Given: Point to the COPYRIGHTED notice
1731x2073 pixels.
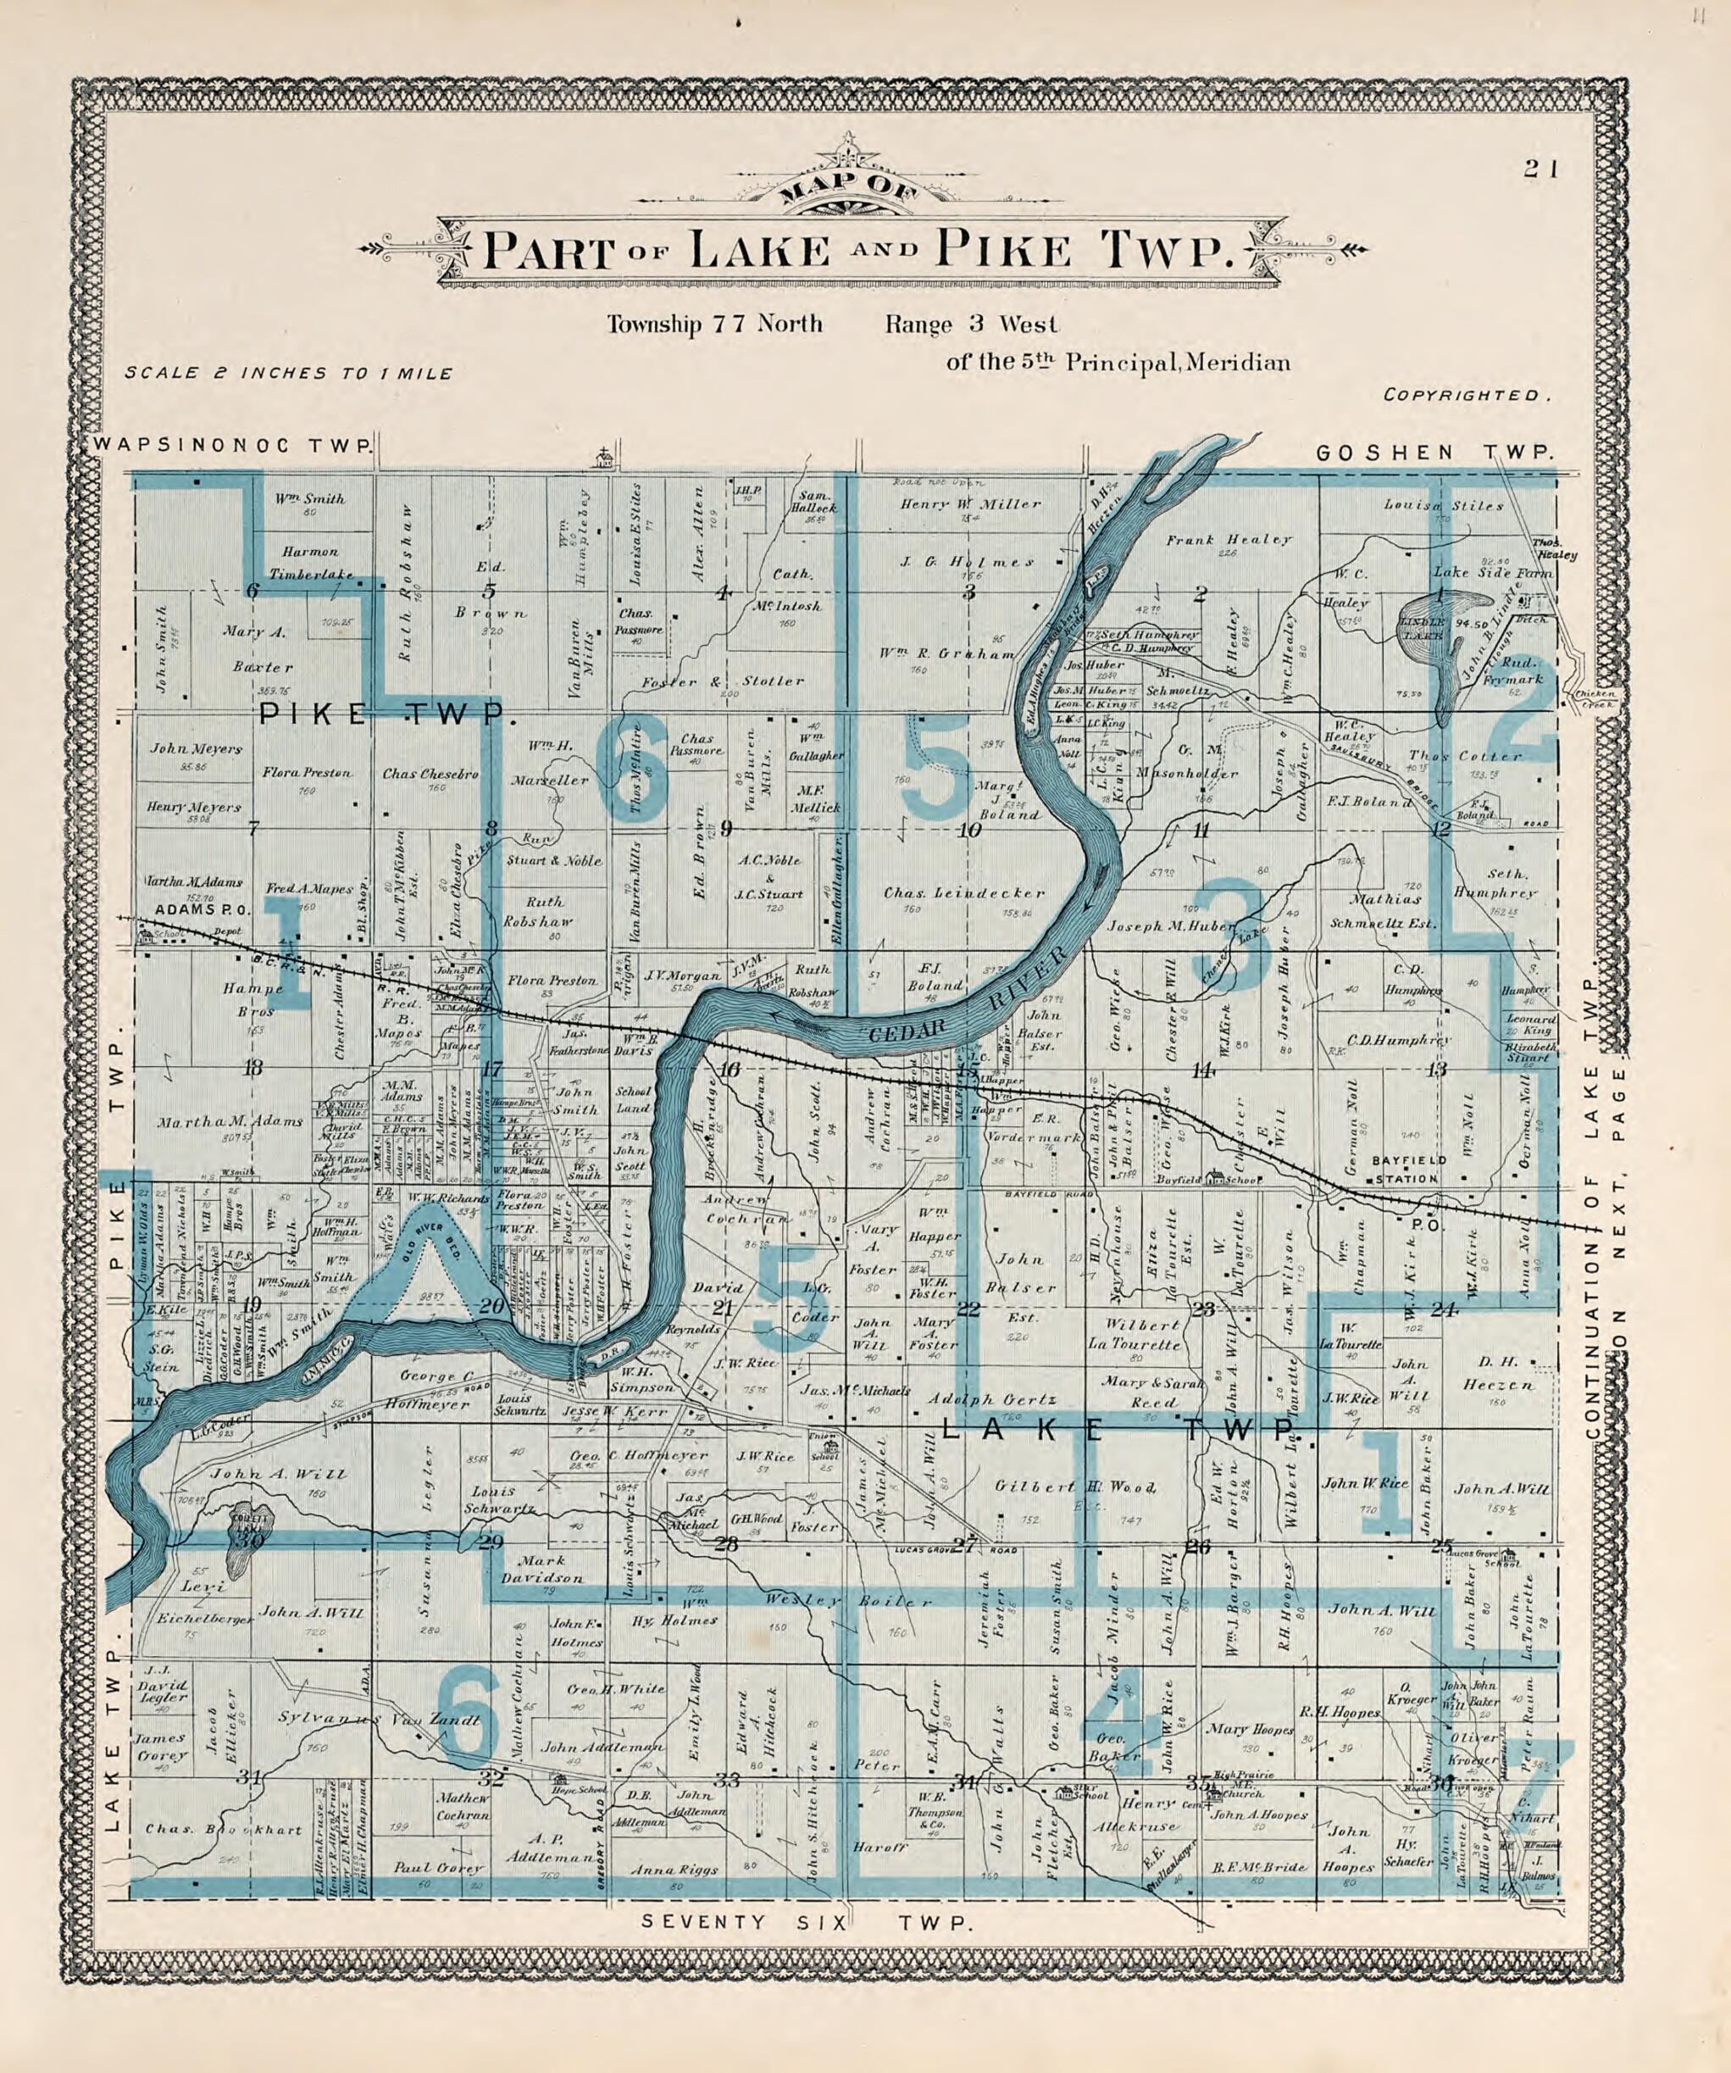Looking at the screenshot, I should click(1466, 395).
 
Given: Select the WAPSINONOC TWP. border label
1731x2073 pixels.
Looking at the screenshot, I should click(234, 445).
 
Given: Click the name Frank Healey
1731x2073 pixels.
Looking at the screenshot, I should click(1229, 540).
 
